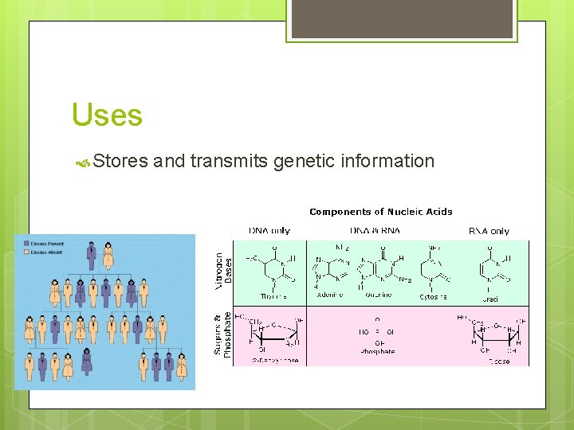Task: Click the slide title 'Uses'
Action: pos(107,115)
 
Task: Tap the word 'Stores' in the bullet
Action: pos(120,162)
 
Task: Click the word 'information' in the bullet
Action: pos(387,162)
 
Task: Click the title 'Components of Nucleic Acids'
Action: pos(380,212)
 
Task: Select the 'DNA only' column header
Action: pos(269,231)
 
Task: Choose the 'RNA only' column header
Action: pos(489,231)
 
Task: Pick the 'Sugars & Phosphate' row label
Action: pos(222,334)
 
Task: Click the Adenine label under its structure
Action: pos(330,295)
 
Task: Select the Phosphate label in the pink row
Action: pos(378,351)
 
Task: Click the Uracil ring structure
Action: pos(491,267)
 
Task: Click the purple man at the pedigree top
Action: pos(92,256)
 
